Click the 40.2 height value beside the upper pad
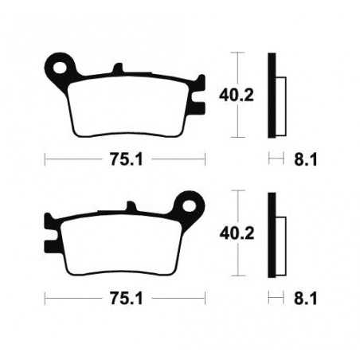(231, 97)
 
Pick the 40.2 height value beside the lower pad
(231, 233)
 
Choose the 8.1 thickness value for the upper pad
(306, 159)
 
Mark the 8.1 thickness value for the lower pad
(306, 301)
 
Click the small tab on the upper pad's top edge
(118, 71)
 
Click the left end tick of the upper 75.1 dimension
(45, 158)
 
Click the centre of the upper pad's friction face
(125, 107)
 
